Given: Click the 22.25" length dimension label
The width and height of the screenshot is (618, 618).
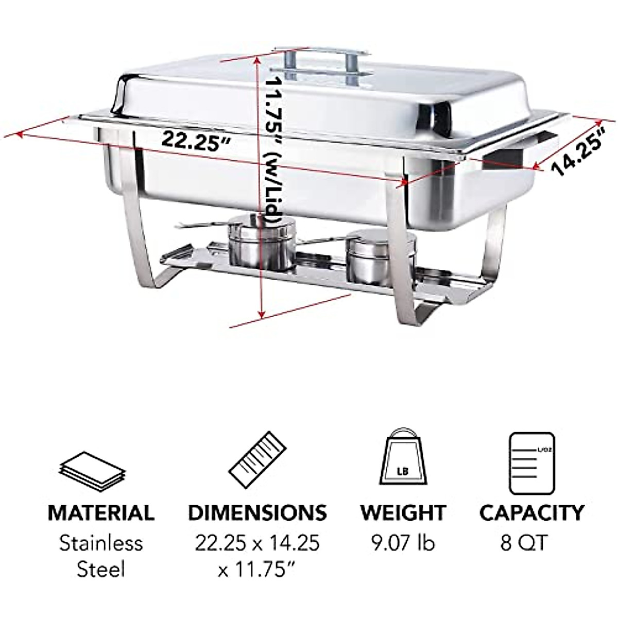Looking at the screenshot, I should pos(195,140).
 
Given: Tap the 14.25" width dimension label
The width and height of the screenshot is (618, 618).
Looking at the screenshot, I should pos(577,153).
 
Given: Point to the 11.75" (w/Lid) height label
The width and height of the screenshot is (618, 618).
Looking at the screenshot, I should pos(273,149).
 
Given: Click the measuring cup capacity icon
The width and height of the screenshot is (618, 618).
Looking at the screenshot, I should pos(532,463).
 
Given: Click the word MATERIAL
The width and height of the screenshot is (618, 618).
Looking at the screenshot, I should pos(101,513).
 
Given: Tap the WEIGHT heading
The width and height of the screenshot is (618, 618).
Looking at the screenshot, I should pos(403,513).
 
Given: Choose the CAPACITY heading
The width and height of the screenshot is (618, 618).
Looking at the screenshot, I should pos(532,513).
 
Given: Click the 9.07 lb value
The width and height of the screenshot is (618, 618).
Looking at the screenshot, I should pos(403,542).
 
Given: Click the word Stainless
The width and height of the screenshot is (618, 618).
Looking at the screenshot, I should pos(101,543).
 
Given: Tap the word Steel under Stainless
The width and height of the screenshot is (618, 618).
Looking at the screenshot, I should pos(101,570).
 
